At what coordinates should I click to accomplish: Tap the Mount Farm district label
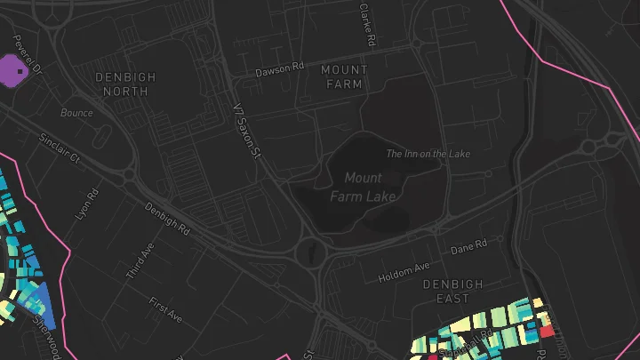344,76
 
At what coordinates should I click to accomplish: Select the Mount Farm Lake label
363,187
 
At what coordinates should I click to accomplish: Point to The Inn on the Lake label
428,154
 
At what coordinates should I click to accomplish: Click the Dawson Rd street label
280,68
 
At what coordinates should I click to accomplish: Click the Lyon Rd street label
86,204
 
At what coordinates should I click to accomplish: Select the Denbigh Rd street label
167,218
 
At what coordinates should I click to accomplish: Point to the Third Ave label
140,261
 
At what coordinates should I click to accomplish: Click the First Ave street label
165,309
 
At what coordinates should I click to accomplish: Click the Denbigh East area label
452,292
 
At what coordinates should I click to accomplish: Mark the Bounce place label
76,113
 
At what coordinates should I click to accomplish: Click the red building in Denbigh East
547,331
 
